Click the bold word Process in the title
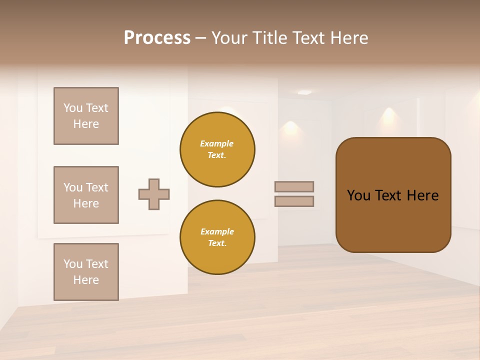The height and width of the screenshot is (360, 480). pos(157,38)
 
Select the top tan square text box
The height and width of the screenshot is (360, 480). pos(86,116)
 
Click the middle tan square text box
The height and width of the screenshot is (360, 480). pos(86,195)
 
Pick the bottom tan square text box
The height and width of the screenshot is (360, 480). pos(86,272)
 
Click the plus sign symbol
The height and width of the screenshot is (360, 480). pos(154,194)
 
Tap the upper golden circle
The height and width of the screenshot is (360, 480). pos(217,149)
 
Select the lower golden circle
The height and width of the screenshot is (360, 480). pos(217,237)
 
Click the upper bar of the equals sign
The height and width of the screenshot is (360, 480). pos(294,186)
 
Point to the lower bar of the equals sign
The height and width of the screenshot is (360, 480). pos(294,201)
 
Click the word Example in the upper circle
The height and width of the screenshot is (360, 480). pos(217,144)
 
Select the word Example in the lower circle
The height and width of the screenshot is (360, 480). pos(217,232)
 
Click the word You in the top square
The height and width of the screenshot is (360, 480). pos(72,108)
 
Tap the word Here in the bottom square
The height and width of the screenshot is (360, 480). pos(86,280)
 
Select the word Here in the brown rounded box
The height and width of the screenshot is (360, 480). pos(422,195)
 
